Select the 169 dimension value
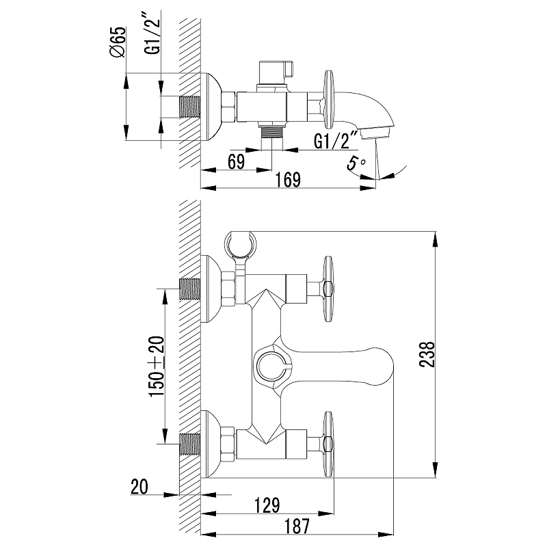tap(289, 180)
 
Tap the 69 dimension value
tap(235, 163)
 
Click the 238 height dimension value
tap(425, 354)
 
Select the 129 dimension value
tap(267, 506)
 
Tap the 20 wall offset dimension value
tap(139, 488)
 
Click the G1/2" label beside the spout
tap(336, 142)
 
